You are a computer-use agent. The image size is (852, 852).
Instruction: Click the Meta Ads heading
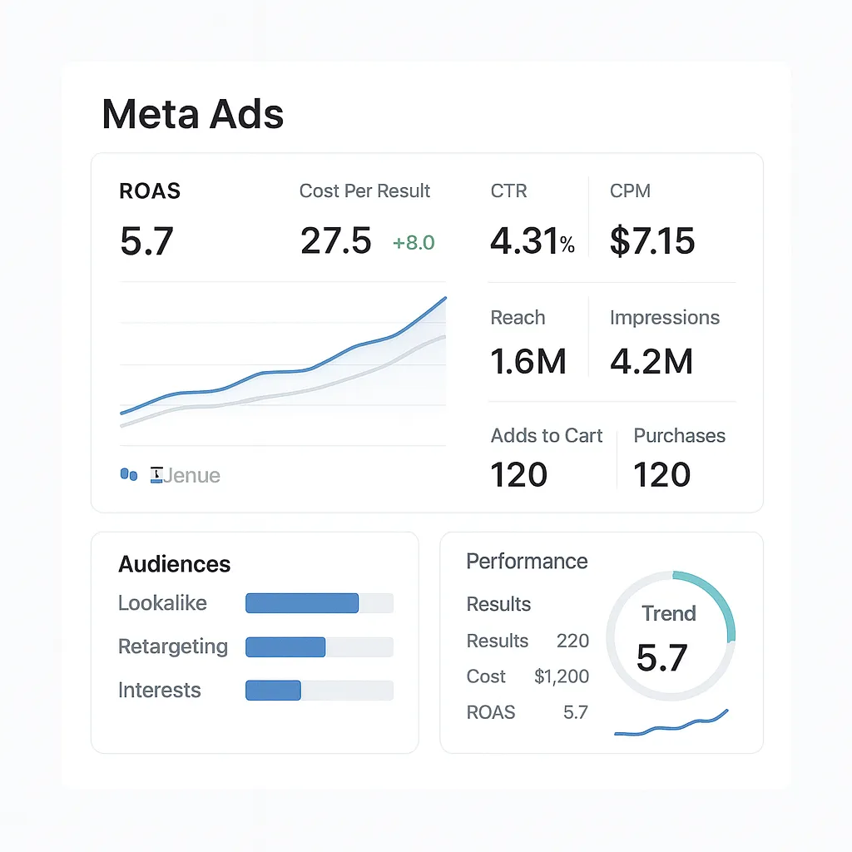click(192, 114)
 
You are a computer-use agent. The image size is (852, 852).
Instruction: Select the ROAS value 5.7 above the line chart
click(146, 241)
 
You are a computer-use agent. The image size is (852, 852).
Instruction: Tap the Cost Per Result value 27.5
click(335, 241)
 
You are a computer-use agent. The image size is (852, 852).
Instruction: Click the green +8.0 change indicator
click(414, 243)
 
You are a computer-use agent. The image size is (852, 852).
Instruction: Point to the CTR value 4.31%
click(532, 241)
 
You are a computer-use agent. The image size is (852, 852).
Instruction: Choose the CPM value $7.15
click(652, 241)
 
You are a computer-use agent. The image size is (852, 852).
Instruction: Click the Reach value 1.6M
click(528, 362)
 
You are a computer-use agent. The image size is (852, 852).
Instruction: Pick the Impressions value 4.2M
click(651, 362)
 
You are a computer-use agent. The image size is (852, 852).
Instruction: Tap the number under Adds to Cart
click(519, 475)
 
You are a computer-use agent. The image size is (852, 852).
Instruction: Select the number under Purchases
click(662, 475)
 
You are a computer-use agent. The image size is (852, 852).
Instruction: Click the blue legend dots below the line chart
click(129, 474)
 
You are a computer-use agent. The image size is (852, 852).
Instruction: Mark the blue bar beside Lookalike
click(302, 603)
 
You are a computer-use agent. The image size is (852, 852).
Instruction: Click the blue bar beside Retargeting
click(285, 646)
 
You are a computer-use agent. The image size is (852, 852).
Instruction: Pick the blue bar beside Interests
click(273, 690)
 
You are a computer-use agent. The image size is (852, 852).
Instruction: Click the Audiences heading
click(174, 564)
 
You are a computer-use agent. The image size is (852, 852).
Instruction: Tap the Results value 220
click(572, 641)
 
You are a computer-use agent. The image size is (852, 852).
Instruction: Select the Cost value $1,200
click(562, 676)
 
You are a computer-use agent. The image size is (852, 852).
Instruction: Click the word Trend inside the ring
click(669, 614)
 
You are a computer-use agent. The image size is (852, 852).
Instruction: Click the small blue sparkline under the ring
click(671, 727)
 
